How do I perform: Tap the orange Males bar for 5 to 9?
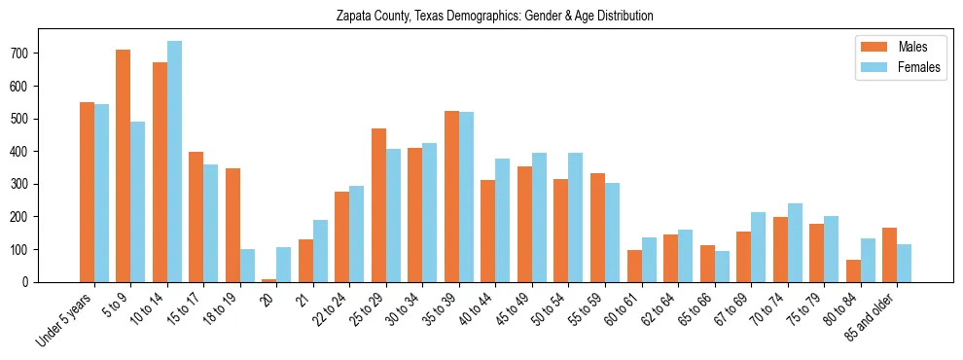pos(124,165)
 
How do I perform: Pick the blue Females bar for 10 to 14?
pos(174,162)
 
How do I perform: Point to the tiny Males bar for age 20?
pos(269,280)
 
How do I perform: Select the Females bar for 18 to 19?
pos(247,266)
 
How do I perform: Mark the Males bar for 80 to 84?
pos(853,270)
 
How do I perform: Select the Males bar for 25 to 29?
pos(378,205)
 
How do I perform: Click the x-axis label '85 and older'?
pos(872,316)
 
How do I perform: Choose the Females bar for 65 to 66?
pos(722,267)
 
